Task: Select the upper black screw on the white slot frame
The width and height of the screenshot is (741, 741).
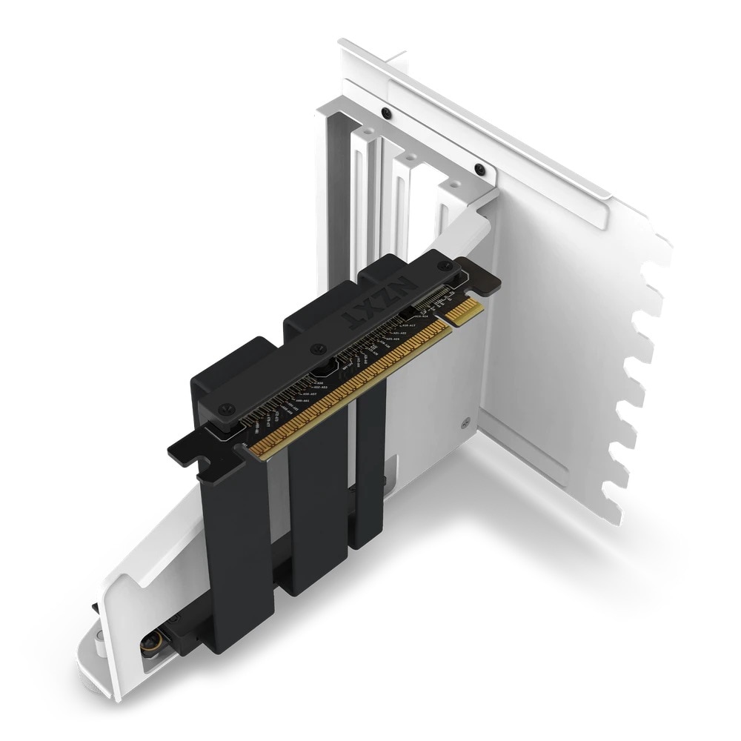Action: pyautogui.click(x=385, y=113)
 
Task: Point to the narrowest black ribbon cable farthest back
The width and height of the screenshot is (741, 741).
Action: pyautogui.click(x=370, y=482)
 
